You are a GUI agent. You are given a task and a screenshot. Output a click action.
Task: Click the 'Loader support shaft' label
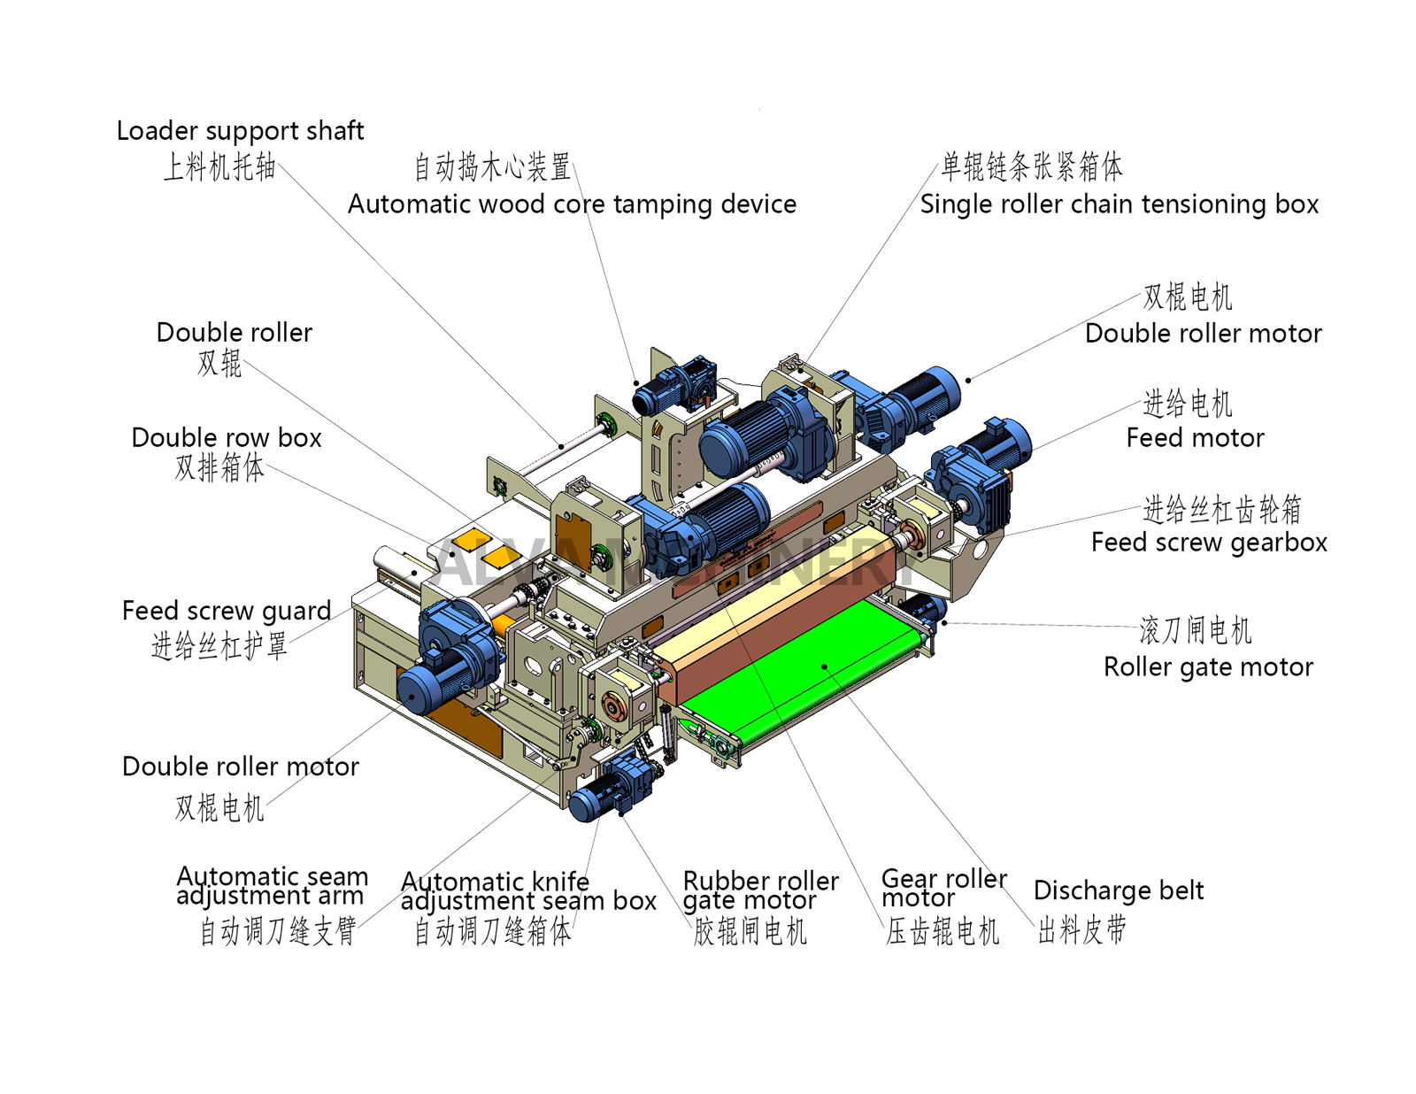tap(240, 131)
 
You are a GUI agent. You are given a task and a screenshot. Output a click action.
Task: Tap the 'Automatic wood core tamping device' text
tap(572, 204)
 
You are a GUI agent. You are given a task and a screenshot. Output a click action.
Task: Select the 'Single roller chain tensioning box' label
tap(1119, 204)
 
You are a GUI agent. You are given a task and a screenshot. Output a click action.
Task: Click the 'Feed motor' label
tap(1195, 438)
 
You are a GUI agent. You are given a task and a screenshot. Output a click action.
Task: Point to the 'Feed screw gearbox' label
tap(1209, 543)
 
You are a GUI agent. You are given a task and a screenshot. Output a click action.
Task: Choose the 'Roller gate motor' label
tap(1208, 667)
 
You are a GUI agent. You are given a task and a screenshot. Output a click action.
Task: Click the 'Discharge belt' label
tap(1119, 890)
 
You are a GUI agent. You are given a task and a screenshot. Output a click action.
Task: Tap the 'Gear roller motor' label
tap(943, 888)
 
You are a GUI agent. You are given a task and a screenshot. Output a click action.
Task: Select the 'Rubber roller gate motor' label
tap(760, 890)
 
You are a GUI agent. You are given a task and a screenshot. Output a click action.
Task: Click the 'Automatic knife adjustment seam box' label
tap(528, 891)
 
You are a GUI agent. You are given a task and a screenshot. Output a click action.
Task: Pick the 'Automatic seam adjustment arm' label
tap(272, 886)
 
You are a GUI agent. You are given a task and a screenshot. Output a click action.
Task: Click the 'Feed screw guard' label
tap(227, 611)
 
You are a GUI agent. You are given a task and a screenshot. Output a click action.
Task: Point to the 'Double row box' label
tap(227, 438)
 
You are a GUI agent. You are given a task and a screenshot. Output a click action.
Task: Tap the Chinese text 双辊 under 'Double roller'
tap(219, 363)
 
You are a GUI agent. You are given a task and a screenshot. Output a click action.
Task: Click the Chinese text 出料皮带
tap(1081, 930)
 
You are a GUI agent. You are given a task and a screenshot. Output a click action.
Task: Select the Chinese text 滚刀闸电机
tap(1195, 631)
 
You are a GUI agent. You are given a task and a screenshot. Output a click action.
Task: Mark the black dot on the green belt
tap(824, 666)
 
